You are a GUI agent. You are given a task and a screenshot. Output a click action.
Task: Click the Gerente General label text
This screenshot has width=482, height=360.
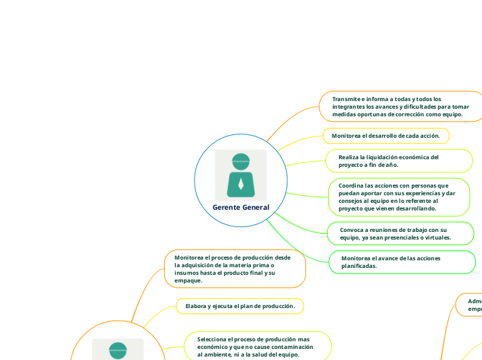pyautogui.click(x=240, y=207)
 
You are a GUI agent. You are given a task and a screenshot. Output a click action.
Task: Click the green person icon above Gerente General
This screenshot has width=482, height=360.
pyautogui.click(x=240, y=174)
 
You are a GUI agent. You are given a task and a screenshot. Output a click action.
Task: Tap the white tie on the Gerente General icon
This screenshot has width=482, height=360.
pyautogui.click(x=240, y=185)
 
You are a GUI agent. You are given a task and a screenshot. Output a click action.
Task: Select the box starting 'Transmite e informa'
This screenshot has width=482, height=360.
pyautogui.click(x=400, y=106)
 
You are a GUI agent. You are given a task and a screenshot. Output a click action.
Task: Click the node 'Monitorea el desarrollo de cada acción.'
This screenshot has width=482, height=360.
pyautogui.click(x=386, y=136)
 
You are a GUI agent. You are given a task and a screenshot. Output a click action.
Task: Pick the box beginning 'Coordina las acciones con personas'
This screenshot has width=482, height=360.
pyautogui.click(x=400, y=197)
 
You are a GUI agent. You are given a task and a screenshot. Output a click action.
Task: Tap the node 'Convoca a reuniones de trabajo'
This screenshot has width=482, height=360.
pyautogui.click(x=400, y=233)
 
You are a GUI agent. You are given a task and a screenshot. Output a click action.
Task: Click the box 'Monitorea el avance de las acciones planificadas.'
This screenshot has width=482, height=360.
pyautogui.click(x=400, y=262)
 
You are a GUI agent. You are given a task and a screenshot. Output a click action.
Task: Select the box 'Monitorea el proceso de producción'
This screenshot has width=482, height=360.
pyautogui.click(x=235, y=269)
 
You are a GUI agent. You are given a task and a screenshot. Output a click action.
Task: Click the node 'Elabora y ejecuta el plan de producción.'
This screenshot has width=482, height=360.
pyautogui.click(x=235, y=305)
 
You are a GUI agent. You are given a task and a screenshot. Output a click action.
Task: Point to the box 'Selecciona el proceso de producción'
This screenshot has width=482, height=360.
pyautogui.click(x=257, y=346)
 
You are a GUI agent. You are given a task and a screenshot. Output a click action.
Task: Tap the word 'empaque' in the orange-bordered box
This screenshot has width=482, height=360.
pyautogui.click(x=188, y=280)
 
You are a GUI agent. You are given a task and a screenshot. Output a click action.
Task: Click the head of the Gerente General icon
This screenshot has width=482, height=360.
pyautogui.click(x=240, y=161)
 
